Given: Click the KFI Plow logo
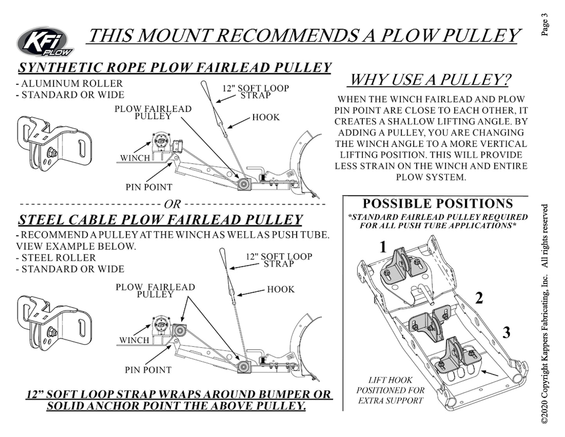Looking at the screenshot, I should [45, 42].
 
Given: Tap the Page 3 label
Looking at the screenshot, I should [545, 24].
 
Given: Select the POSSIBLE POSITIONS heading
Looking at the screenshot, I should [438, 204].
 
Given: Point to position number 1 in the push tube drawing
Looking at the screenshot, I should [383, 247].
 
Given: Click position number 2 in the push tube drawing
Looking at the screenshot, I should [479, 298].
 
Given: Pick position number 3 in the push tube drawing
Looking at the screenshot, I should [506, 333].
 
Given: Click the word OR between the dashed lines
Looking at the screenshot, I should [172, 204].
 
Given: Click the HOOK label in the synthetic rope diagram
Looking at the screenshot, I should [266, 117].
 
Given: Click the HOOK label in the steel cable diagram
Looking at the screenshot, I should [281, 289].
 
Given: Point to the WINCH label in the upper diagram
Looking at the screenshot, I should [135, 158].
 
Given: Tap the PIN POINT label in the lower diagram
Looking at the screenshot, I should [148, 370].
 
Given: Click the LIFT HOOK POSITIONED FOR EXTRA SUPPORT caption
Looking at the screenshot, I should [390, 390].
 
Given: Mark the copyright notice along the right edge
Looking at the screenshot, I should [545, 313].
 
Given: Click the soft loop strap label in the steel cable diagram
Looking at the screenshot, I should [279, 260].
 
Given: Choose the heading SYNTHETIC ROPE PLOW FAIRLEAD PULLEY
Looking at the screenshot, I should [175, 67].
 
